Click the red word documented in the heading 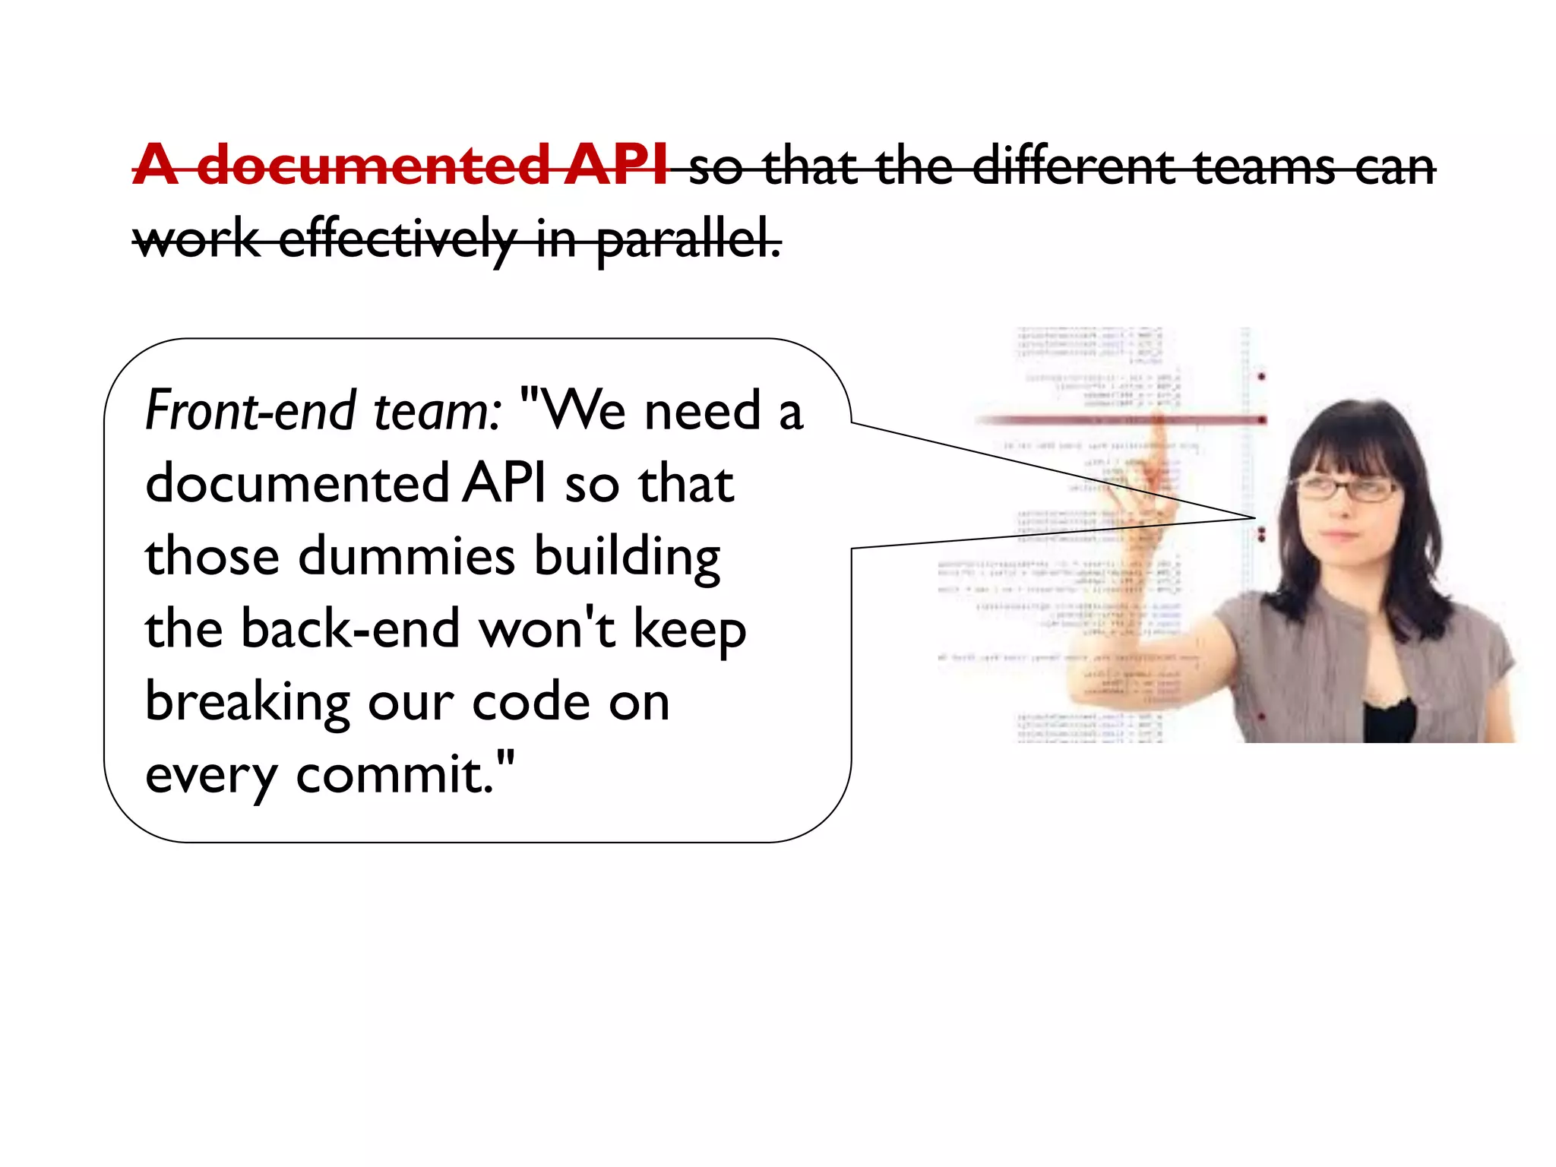[372, 165]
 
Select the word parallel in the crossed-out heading [688, 239]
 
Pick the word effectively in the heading [397, 239]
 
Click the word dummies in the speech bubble [406, 556]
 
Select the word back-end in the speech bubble [350, 629]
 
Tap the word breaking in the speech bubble [248, 703]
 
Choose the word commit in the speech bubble [395, 775]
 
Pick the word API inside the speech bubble [504, 483]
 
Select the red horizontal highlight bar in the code [1117, 419]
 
